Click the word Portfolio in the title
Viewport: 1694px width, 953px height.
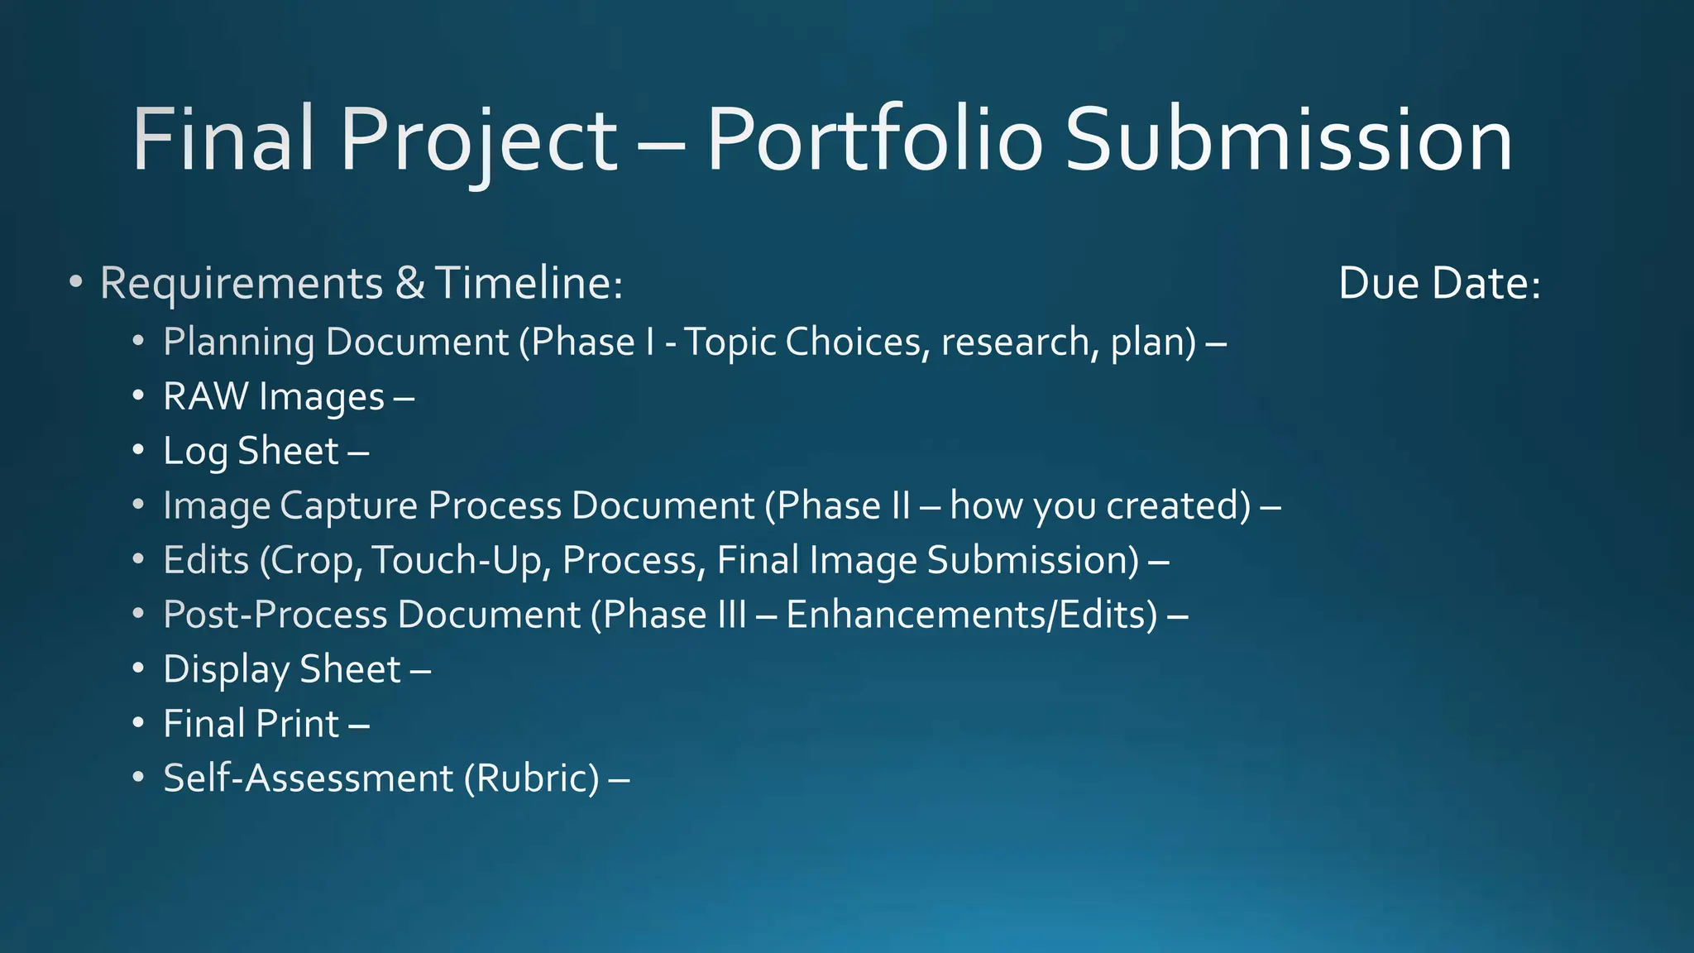(874, 141)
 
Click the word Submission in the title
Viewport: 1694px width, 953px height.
(1289, 141)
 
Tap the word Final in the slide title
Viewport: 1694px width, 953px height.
(223, 141)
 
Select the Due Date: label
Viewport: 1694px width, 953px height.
(1439, 284)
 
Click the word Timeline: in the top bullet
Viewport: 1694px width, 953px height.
(529, 284)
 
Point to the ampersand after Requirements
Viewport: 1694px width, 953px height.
(409, 284)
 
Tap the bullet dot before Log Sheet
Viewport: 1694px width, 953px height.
(138, 451)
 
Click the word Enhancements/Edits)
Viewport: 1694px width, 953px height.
(972, 615)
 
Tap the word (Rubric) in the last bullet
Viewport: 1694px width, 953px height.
(532, 778)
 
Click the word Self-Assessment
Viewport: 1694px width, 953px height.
(309, 778)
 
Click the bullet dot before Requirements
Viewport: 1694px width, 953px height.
(75, 284)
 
